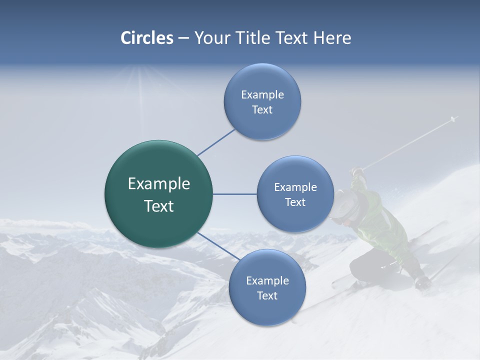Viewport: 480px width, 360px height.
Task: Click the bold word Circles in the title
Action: [147, 38]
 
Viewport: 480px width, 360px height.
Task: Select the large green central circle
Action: [159, 194]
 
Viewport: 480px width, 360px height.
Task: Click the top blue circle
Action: [262, 101]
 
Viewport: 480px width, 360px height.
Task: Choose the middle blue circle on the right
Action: [295, 194]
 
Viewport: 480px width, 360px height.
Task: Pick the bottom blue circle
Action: [267, 287]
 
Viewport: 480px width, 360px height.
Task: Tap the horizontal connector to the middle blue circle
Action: [234, 194]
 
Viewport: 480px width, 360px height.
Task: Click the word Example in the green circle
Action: [159, 184]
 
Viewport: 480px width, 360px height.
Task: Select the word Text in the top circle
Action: [262, 110]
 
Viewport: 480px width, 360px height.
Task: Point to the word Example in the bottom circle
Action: [267, 280]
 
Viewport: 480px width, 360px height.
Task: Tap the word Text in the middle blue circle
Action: [295, 202]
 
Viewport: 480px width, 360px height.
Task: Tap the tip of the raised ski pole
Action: [454, 118]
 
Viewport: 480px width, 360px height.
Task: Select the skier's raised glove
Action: [356, 172]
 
